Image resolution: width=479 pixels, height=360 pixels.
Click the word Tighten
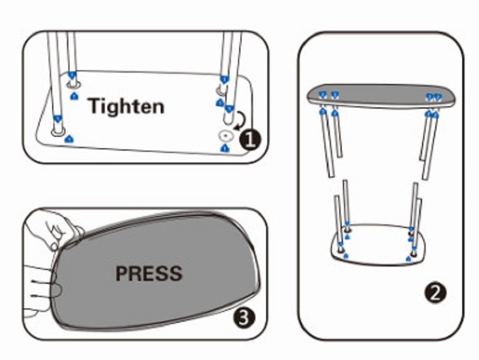click(126, 106)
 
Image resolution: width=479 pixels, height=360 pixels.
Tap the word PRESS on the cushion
click(149, 274)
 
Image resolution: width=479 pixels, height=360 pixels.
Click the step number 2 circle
click(435, 293)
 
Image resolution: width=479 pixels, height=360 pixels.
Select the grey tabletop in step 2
click(378, 95)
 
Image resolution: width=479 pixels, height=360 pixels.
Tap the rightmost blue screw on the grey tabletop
click(438, 97)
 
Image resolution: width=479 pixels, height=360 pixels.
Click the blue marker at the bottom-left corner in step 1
click(70, 139)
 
